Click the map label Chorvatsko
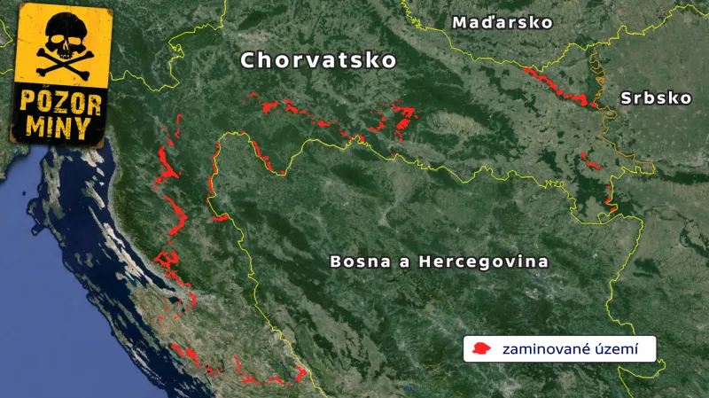tap(318, 61)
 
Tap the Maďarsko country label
tap(502, 23)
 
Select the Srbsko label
tap(656, 98)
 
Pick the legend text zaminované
tap(542, 348)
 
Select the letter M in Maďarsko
tap(460, 23)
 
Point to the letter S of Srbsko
tap(627, 98)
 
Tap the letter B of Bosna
tap(336, 262)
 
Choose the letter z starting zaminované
tap(506, 349)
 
